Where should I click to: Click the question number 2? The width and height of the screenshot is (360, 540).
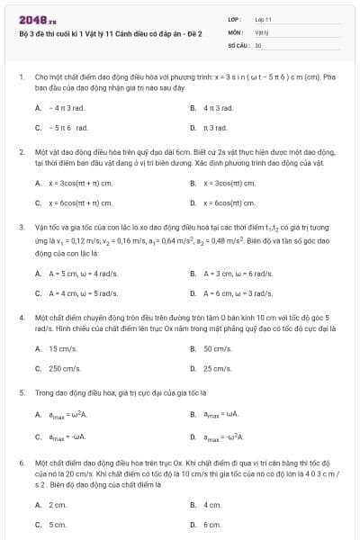21,152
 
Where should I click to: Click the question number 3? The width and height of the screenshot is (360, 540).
21,227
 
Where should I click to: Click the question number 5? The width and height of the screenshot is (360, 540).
21,392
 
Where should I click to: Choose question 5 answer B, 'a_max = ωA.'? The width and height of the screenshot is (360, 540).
220,415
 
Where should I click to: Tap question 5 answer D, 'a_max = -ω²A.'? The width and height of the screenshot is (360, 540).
222,436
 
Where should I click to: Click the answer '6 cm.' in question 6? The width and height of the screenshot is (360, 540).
212,524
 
